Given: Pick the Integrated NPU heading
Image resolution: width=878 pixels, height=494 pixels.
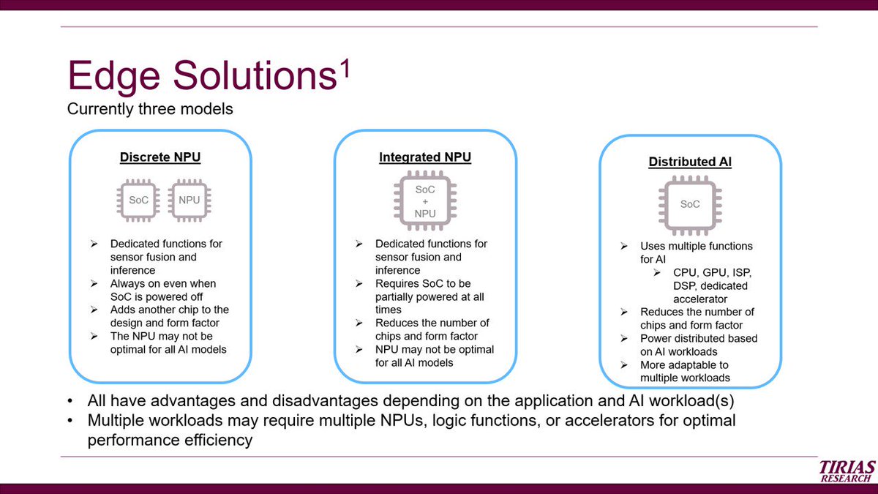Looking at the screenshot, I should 425,157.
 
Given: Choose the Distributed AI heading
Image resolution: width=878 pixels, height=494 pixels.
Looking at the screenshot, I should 690,162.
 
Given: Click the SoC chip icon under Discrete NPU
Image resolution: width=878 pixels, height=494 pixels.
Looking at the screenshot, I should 138,200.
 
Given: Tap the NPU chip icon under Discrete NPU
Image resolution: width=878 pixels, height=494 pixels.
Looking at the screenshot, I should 189,200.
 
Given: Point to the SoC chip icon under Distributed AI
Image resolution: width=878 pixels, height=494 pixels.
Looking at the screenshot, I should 690,205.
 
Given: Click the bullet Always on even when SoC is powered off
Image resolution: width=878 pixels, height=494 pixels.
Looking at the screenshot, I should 162,290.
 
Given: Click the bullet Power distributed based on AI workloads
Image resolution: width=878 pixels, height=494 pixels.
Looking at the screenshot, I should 698,345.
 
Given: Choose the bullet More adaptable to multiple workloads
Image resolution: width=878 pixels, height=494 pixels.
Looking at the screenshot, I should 684,371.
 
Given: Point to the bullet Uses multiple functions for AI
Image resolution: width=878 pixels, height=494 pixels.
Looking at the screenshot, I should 695,252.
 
